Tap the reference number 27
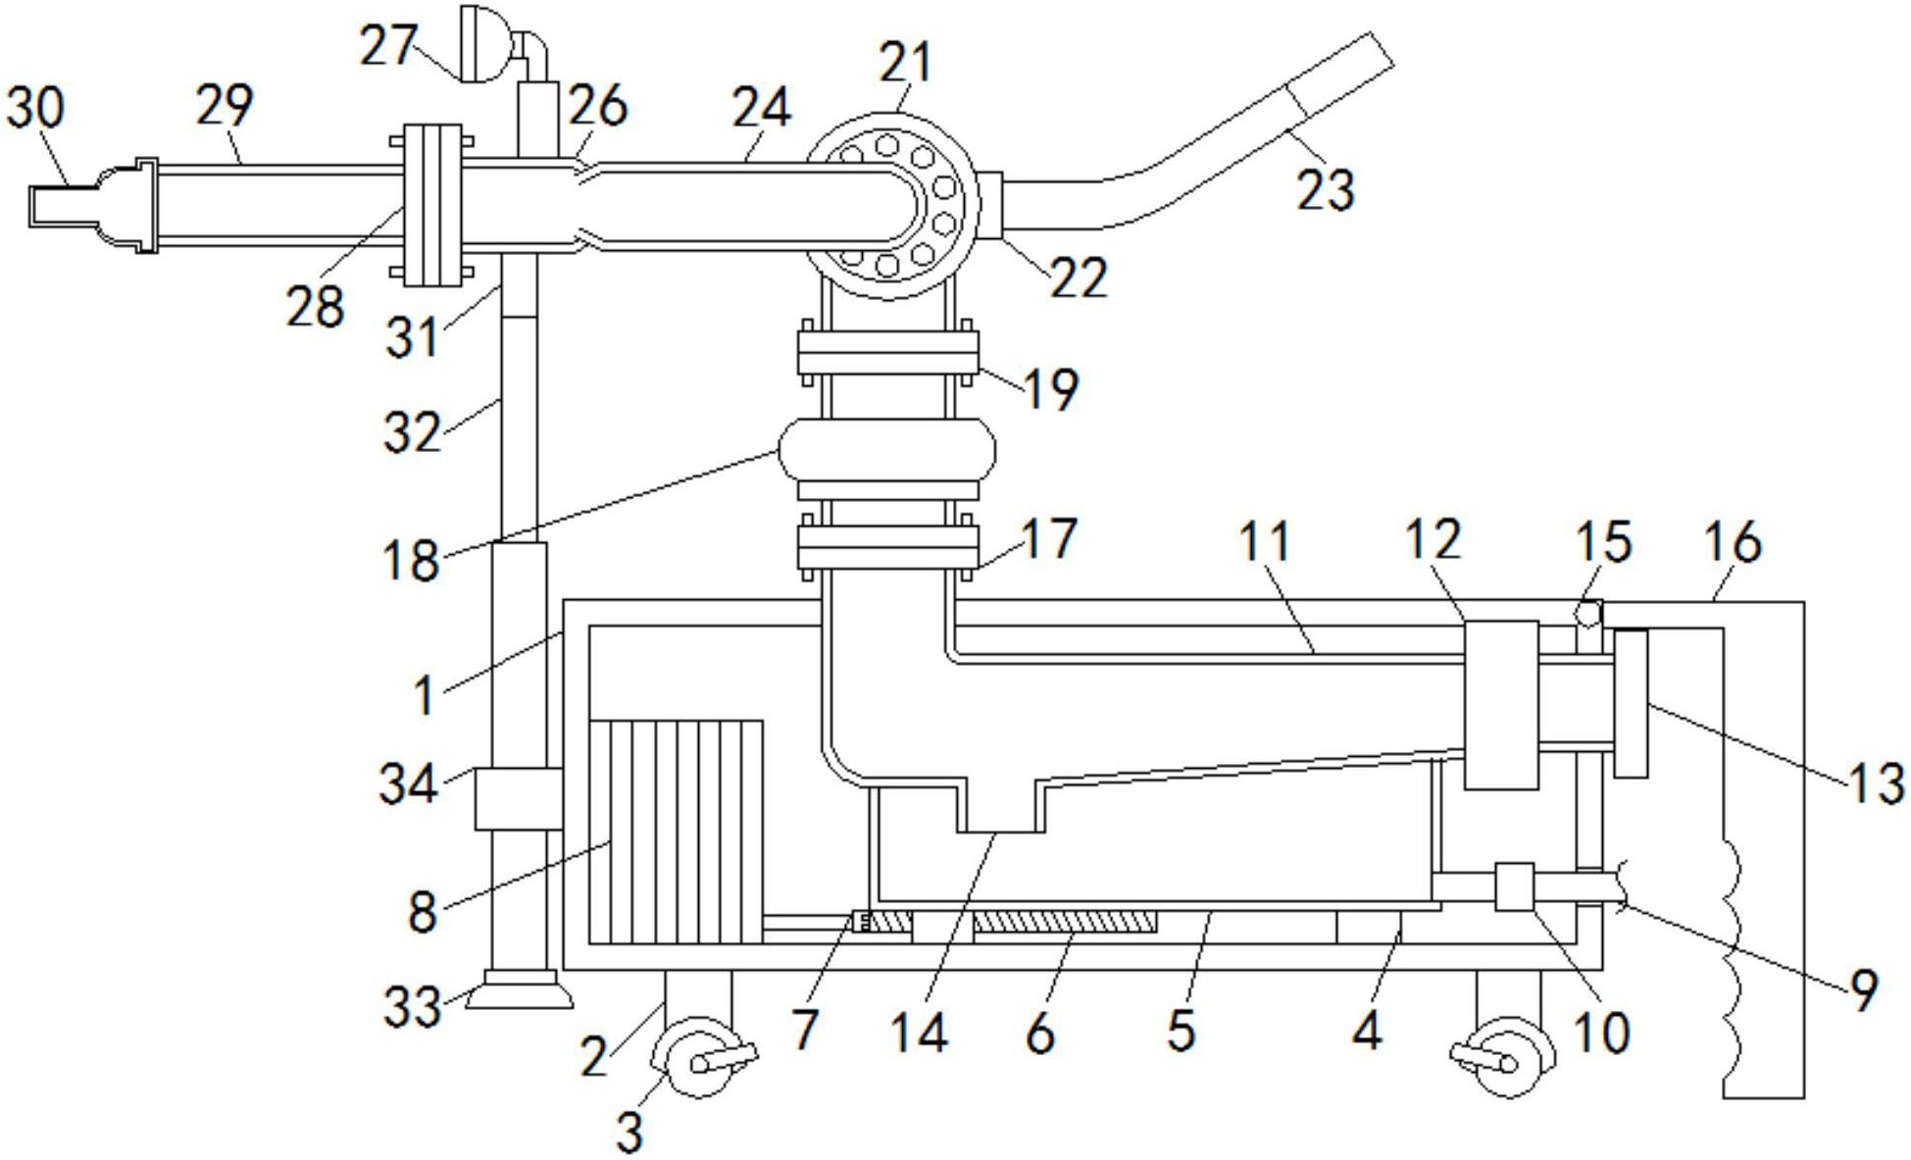[x=388, y=46]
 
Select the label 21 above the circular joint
[x=904, y=63]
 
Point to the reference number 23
[x=1325, y=188]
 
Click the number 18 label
[x=411, y=561]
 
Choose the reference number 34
[x=407, y=784]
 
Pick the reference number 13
[x=1876, y=784]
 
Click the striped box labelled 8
[x=677, y=832]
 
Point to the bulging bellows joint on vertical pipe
[x=886, y=450]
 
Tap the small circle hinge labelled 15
[x=1587, y=615]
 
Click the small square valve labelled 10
[x=1514, y=885]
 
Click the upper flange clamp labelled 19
[x=887, y=353]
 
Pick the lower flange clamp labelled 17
[x=887, y=547]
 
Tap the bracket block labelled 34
[x=518, y=798]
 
